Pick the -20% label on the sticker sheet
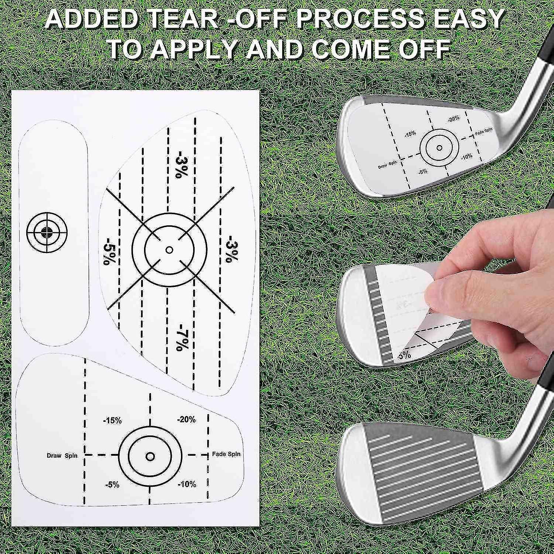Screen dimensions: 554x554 [x=186, y=419]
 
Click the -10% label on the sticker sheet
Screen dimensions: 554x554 [x=187, y=484]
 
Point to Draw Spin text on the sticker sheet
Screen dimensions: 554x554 [x=62, y=455]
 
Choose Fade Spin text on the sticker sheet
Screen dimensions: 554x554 [x=226, y=454]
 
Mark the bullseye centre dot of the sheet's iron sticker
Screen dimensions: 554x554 [x=150, y=456]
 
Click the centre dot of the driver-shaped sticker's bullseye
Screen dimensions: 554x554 [x=170, y=250]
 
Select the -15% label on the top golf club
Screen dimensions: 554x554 [x=410, y=133]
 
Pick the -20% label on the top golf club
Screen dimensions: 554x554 [x=453, y=119]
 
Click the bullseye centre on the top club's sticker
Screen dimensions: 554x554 [x=439, y=148]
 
